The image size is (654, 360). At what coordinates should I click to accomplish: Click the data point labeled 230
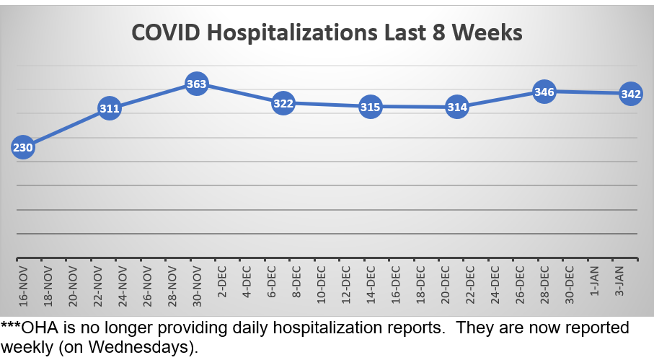[x=22, y=148]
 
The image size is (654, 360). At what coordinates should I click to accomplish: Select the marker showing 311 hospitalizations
[x=109, y=110]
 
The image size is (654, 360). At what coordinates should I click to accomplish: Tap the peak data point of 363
[x=196, y=84]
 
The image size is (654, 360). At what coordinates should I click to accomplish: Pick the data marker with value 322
[x=283, y=104]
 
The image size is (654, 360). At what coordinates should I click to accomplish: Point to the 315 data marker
[x=370, y=107]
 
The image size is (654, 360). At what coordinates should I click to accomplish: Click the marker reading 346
[x=544, y=92]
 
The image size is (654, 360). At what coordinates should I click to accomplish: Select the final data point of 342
[x=630, y=94]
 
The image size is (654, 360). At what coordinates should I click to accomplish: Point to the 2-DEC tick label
[x=221, y=283]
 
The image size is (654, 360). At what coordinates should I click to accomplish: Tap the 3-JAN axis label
[x=617, y=283]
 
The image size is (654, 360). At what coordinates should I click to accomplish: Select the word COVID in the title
[x=162, y=33]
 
